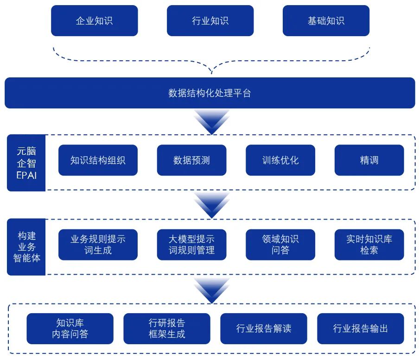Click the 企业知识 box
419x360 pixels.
[x=94, y=21]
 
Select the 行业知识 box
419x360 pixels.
[x=210, y=21]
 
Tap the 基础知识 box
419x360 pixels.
[x=326, y=21]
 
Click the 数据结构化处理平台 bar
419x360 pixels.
[x=209, y=93]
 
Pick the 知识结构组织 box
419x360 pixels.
[x=98, y=160]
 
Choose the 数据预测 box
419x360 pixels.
[x=191, y=160]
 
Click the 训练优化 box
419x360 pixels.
[x=280, y=160]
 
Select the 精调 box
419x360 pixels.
[x=369, y=160]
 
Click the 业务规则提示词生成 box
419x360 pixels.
[x=98, y=245]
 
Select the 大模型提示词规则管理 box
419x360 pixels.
[x=191, y=245]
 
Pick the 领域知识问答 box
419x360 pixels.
[x=280, y=245]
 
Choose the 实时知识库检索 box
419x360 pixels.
[x=369, y=245]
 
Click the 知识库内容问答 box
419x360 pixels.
[x=70, y=328]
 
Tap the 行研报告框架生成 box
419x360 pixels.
[x=167, y=328]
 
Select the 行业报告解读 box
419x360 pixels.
[x=264, y=328]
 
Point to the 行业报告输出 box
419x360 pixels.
[x=361, y=328]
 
